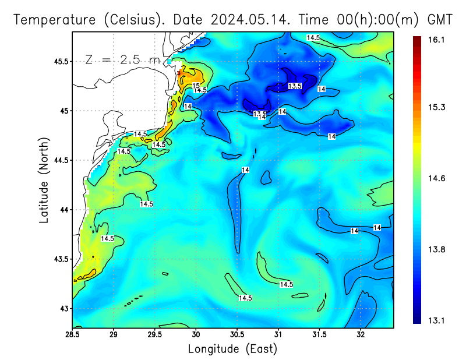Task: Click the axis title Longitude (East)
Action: click(x=232, y=349)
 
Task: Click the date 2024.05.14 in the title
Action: click(x=252, y=20)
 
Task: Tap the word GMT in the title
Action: click(x=440, y=20)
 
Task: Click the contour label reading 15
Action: click(x=196, y=86)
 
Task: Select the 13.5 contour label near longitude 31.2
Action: click(x=295, y=86)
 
